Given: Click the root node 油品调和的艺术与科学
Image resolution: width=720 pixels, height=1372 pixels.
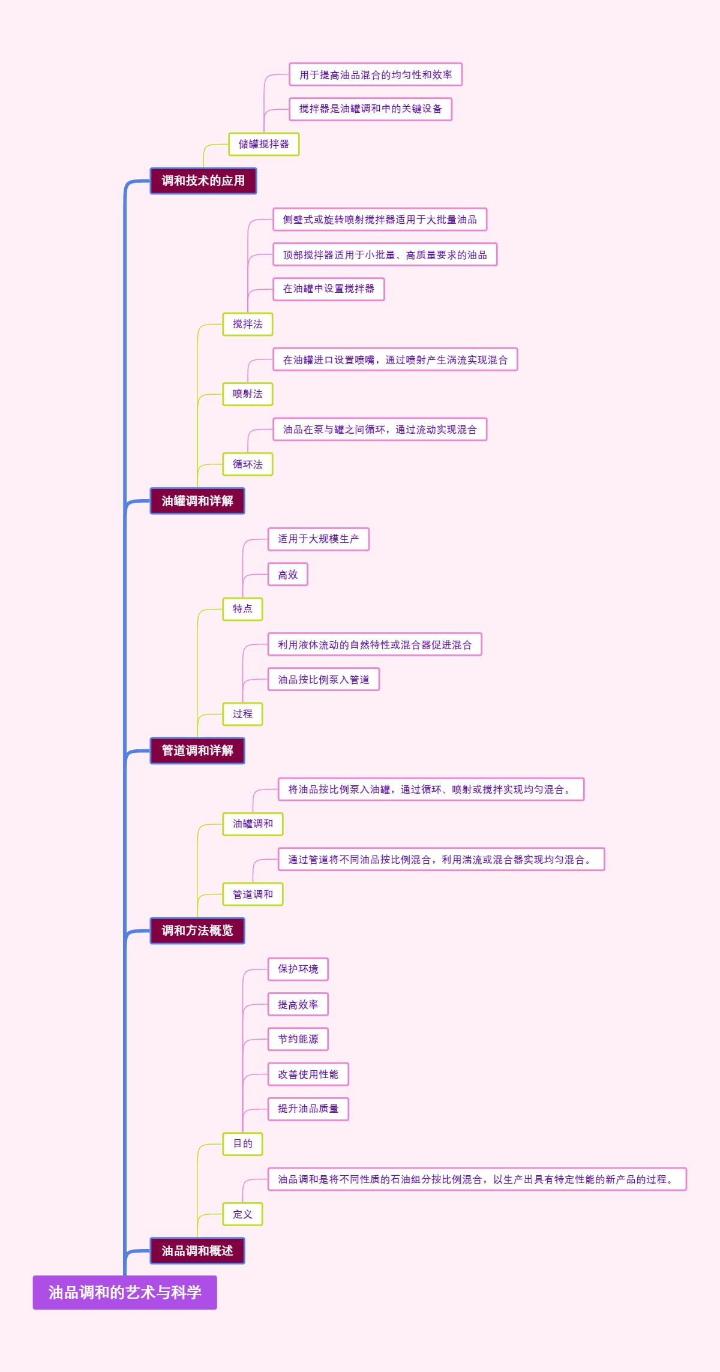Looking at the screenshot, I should (125, 1292).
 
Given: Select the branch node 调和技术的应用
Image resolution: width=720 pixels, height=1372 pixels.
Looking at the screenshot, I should (203, 181).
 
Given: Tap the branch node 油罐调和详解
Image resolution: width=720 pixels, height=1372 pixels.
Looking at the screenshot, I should (197, 501).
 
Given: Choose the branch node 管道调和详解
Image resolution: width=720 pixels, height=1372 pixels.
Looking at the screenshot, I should (197, 750).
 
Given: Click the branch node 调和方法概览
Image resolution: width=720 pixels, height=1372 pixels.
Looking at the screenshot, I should (197, 930).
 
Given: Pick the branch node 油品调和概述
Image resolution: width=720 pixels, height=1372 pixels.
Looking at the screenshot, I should (197, 1250).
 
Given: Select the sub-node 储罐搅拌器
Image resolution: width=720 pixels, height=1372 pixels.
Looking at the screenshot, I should (263, 144).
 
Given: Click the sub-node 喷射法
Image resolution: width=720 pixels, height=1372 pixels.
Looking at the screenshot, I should (247, 394).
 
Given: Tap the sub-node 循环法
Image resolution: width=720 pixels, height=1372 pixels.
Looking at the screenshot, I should (247, 464).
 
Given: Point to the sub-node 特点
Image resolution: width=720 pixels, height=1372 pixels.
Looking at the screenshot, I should (242, 609).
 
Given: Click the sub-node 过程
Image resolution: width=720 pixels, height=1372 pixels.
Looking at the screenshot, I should (242, 714).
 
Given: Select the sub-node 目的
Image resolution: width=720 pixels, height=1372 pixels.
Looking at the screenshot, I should (242, 1143).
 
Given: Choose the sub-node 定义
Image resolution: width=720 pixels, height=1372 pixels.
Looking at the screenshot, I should (242, 1214).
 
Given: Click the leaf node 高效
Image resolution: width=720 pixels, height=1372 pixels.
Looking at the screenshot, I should (287, 575).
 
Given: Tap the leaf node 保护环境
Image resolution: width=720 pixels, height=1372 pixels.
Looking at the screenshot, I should (298, 969).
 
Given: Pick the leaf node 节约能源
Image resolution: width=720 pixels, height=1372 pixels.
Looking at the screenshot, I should (298, 1039).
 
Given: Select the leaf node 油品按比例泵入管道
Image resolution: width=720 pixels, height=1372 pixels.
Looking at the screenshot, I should (323, 680).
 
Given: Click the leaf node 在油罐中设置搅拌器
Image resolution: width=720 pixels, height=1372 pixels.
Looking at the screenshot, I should (328, 289).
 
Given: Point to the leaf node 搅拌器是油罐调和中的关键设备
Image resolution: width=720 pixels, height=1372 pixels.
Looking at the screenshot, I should (370, 109).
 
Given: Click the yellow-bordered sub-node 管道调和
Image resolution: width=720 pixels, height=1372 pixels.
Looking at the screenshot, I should (253, 894).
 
